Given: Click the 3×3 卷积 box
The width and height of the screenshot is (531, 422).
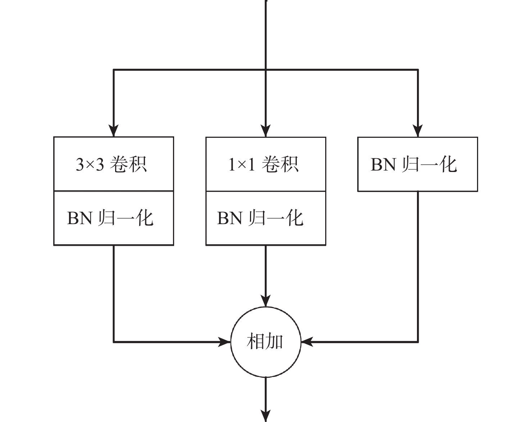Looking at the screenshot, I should tap(113, 164).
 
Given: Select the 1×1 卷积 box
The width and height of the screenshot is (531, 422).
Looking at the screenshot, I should tap(265, 164).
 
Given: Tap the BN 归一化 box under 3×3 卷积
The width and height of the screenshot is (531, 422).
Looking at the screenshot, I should tap(113, 218).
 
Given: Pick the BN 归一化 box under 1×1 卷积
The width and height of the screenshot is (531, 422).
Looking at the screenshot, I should tap(265, 218).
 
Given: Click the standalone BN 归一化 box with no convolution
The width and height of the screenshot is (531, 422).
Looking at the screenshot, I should tap(417, 164).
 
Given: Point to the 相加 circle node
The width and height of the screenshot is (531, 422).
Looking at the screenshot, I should tap(265, 342).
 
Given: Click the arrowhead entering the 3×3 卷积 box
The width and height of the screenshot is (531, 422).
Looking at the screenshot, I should tap(114, 131).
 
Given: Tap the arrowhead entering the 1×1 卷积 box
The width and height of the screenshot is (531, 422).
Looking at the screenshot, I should tap(265, 131).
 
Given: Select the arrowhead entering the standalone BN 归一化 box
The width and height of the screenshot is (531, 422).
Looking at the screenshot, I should tap(418, 131).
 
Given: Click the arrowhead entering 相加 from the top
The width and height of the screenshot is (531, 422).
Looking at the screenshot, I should tap(265, 301).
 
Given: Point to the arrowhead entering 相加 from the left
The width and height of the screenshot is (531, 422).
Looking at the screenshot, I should tap(224, 342).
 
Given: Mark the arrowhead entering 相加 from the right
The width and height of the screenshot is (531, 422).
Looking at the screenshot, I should tap(307, 342).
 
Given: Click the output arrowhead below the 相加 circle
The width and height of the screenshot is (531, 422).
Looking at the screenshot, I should tap(265, 416).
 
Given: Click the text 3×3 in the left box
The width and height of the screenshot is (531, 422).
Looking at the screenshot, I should tap(90, 164).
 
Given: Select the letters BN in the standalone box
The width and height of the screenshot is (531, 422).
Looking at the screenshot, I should tap(383, 164).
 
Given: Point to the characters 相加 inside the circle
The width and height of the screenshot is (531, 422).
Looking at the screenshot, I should tap(265, 342).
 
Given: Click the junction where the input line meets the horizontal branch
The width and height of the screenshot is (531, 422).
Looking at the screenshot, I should tap(265, 69).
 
